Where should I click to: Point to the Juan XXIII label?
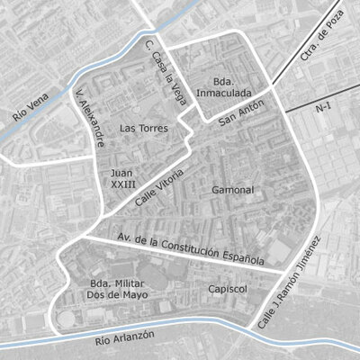point(123,177)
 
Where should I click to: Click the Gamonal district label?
point(233,191)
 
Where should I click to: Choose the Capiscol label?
point(227,289)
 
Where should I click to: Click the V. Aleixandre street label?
point(92,117)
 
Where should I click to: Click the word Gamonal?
point(233,191)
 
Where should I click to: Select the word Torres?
point(152,129)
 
